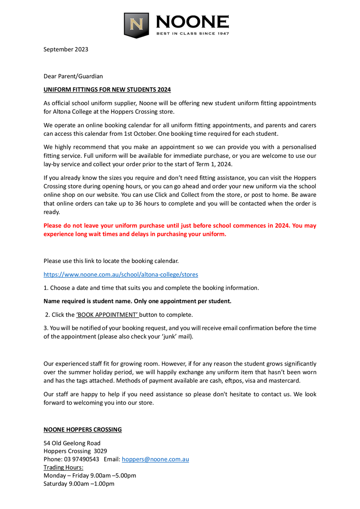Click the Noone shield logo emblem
[137, 25]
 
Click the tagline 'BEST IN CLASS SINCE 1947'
[192, 34]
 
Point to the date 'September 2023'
[66, 49]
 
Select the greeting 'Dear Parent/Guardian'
[73, 76]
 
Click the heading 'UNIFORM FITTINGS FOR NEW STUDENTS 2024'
[107, 89]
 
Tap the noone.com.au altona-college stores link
[121, 274]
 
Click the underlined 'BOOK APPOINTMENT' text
[108, 315]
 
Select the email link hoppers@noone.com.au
[155, 459]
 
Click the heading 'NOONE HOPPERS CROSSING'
[83, 430]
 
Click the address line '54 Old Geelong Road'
[72, 443]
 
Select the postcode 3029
[100, 451]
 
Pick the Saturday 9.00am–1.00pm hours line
[79, 484]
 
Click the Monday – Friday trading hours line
[90, 475]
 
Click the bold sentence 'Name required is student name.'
[88, 301]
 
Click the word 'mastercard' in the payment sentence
[285, 380]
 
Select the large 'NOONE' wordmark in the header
[192, 22]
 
